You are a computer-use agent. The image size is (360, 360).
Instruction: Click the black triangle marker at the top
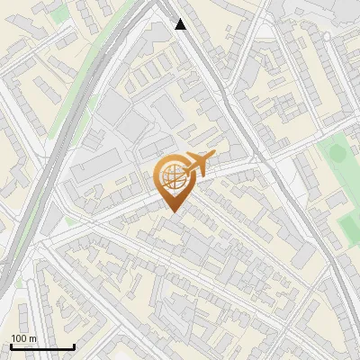pos(181,24)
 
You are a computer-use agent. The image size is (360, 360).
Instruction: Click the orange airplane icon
pos(200,164)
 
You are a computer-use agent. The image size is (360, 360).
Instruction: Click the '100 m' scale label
pos(23,338)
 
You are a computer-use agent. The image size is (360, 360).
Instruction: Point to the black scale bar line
pos(43,346)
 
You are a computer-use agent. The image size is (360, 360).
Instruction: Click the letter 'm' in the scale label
pos(32,338)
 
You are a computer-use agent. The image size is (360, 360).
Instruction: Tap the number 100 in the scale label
pos(19,338)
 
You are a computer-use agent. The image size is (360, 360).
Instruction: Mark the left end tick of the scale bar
pos(12,345)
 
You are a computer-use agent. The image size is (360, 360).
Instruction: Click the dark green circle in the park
pos(337,153)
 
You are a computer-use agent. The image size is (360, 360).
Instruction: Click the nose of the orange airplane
pos(212,158)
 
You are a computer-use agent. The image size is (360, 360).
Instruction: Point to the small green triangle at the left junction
pos(69,220)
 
